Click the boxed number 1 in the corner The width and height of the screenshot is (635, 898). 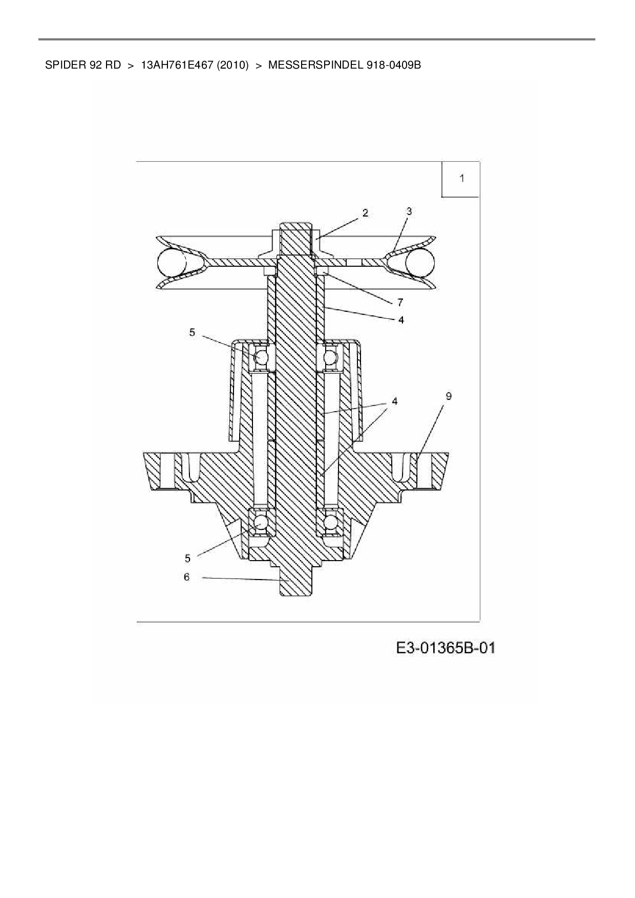pos(462,179)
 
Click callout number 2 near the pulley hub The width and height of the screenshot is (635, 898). pos(365,213)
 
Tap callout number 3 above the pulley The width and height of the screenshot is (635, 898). pos(409,211)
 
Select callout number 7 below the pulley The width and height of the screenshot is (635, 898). pos(400,302)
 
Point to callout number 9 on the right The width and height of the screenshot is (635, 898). pos(449,396)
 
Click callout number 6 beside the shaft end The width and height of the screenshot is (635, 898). pos(186,577)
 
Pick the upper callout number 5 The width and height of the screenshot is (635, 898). pos(192,332)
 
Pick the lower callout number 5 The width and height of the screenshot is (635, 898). pos(187,558)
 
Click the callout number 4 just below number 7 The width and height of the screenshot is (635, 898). pos(401,320)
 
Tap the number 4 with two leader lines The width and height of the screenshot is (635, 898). pos(394,401)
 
